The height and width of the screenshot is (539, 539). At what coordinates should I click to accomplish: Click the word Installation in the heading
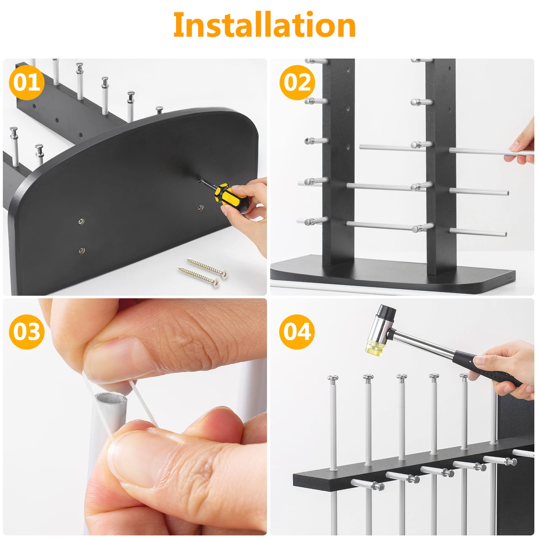tap(264, 24)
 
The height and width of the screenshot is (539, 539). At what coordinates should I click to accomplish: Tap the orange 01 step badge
tap(27, 83)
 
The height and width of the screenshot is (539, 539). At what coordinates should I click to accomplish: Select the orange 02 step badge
tap(297, 83)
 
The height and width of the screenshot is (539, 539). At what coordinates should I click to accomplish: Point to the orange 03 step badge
tap(27, 332)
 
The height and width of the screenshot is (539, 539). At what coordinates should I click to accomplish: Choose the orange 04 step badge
tap(297, 332)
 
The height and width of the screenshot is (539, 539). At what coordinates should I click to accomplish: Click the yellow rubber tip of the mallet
tap(374, 348)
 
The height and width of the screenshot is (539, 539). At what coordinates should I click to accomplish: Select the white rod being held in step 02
tap(491, 152)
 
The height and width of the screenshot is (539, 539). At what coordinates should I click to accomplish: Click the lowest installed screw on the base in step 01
tap(82, 250)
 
